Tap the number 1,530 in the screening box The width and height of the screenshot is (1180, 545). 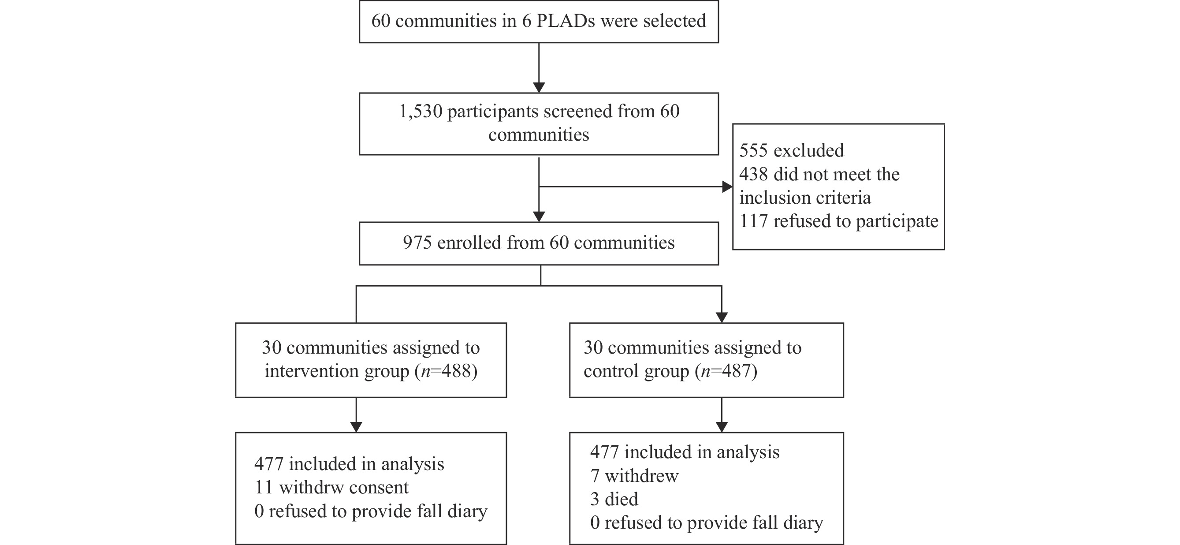tap(421, 112)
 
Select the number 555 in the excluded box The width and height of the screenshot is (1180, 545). tap(753, 150)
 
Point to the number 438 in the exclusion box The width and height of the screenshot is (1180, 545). tap(753, 174)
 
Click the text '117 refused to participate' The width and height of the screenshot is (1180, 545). tap(839, 221)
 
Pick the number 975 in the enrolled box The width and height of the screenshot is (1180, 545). tap(417, 243)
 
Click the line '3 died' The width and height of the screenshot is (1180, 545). tap(614, 499)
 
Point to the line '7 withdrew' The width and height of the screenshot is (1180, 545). tap(634, 476)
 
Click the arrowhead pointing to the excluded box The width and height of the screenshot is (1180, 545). tap(727, 187)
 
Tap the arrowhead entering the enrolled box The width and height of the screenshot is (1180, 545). tap(539, 217)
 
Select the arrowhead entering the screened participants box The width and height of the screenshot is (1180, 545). tap(539, 88)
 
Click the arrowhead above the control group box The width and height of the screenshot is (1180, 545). tap(722, 317)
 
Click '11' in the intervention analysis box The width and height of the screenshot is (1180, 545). tap(264, 487)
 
